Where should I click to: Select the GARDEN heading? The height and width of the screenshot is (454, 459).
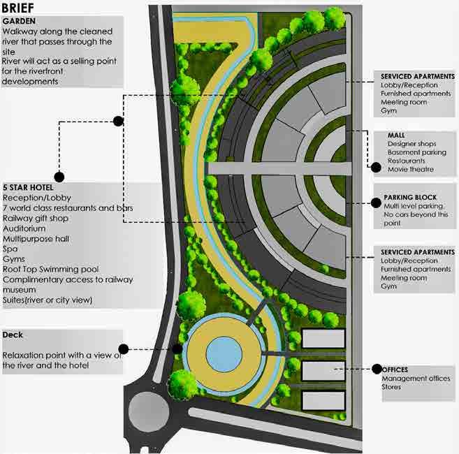point(20,22)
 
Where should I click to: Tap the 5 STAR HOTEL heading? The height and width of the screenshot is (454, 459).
point(29,187)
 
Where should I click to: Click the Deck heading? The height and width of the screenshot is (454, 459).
point(13,335)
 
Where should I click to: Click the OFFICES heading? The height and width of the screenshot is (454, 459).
point(395,369)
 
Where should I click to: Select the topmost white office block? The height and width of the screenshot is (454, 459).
point(323,339)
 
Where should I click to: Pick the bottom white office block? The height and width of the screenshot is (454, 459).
point(323,400)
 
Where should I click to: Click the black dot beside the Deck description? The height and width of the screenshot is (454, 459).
point(124,349)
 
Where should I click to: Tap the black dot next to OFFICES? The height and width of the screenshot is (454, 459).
point(376,369)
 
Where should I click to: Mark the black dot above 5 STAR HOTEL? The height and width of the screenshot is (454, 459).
point(59,177)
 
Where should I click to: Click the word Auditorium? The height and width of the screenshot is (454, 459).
point(24,228)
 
